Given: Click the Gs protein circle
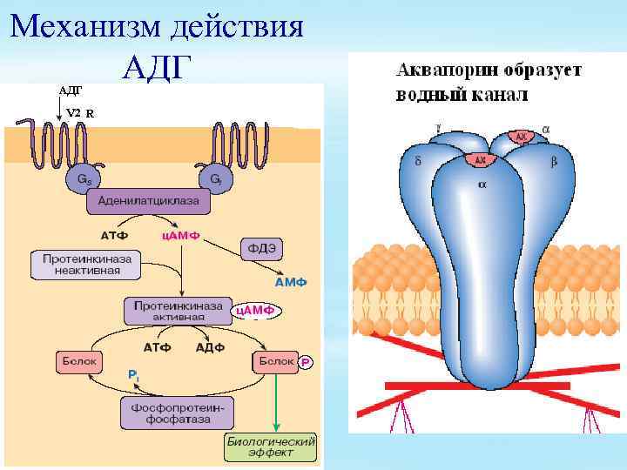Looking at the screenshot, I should tap(83, 179).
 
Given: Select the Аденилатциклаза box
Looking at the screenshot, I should tap(148, 202).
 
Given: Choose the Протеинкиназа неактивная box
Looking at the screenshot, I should tap(87, 265).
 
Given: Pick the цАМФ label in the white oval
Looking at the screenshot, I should tap(255, 310).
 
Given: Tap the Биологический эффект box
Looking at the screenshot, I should tap(272, 447).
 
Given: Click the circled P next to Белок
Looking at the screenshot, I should tap(305, 362).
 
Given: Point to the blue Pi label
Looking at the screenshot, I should tap(132, 373).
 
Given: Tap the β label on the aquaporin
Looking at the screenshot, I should tap(554, 162).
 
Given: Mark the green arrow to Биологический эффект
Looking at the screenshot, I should tap(276, 401).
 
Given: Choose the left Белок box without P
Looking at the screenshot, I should tap(80, 359).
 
